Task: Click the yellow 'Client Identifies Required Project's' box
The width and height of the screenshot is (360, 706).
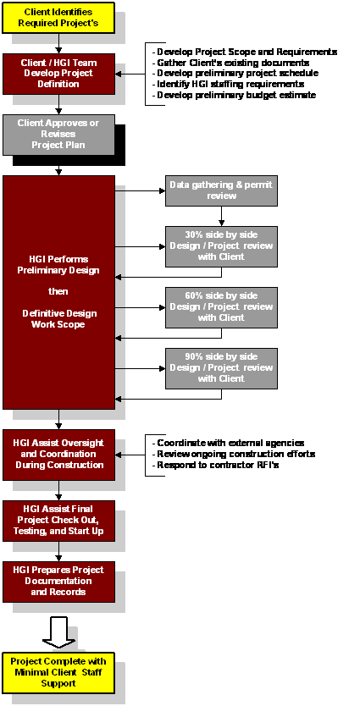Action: click(58, 18)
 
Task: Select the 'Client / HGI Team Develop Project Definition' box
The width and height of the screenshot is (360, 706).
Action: click(59, 74)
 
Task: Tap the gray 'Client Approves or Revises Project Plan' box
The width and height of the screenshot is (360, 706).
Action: click(59, 135)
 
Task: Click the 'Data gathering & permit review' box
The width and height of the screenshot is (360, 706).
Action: click(221, 190)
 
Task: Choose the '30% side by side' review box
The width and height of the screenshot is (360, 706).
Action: click(221, 246)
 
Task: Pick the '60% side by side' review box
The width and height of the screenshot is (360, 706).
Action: click(221, 307)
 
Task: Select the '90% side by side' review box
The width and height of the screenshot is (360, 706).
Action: click(221, 368)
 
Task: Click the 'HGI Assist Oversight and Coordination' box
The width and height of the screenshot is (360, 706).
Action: click(59, 455)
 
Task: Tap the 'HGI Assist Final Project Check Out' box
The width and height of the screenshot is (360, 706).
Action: click(59, 521)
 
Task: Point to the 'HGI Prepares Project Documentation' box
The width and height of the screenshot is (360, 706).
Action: click(59, 582)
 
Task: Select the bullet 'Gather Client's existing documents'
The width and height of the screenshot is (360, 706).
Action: click(230, 63)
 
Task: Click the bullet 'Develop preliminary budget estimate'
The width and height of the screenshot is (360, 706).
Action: click(235, 95)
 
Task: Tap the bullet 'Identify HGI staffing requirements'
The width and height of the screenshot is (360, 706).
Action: click(228, 84)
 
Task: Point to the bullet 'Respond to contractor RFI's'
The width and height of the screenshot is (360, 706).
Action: click(216, 465)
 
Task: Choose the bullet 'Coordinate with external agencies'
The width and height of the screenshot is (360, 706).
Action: click(228, 443)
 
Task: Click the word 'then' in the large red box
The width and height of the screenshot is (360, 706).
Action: click(59, 291)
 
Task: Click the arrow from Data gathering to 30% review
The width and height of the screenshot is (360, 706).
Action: click(221, 216)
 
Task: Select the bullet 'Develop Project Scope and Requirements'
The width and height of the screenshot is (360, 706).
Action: click(245, 52)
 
